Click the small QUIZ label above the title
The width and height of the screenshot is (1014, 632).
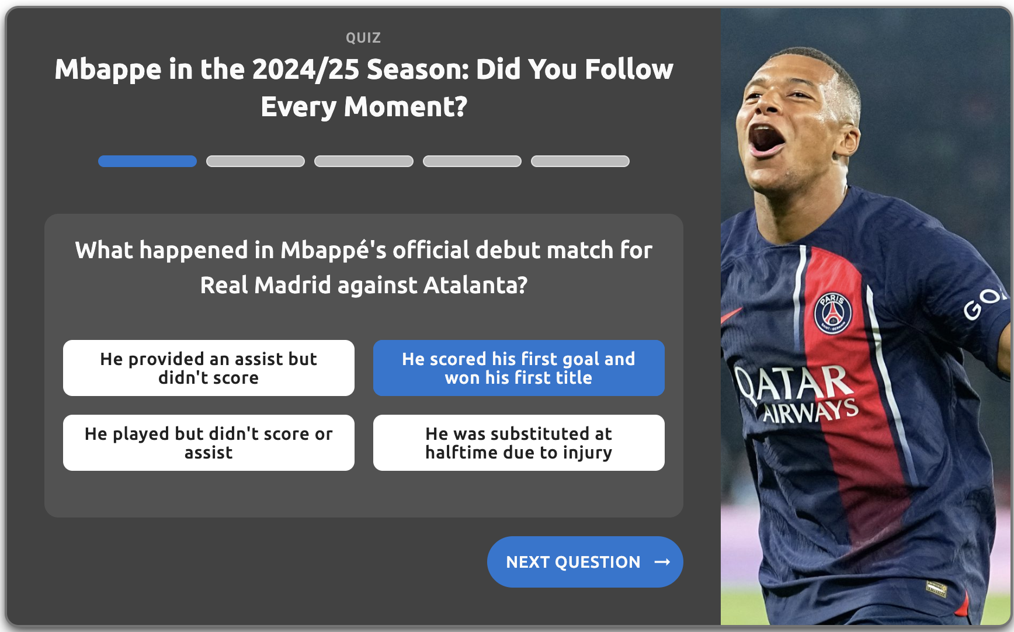[x=363, y=38]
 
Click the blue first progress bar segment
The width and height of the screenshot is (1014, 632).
[x=147, y=161]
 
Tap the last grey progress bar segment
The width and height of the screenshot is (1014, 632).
[x=580, y=161]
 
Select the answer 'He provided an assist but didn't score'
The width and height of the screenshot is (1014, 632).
[x=209, y=368]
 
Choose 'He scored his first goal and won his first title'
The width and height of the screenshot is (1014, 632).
[x=519, y=368]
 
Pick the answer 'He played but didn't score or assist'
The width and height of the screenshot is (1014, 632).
[x=209, y=443]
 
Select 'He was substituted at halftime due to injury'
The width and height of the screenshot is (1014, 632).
[x=519, y=443]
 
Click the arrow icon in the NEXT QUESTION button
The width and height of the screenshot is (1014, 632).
[x=662, y=562]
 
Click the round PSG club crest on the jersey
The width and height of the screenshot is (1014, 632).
[x=833, y=313]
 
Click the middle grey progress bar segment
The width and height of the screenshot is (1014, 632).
[x=364, y=161]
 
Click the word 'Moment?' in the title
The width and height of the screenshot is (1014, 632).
[x=405, y=107]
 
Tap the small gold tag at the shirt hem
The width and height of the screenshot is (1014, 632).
[x=936, y=588]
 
